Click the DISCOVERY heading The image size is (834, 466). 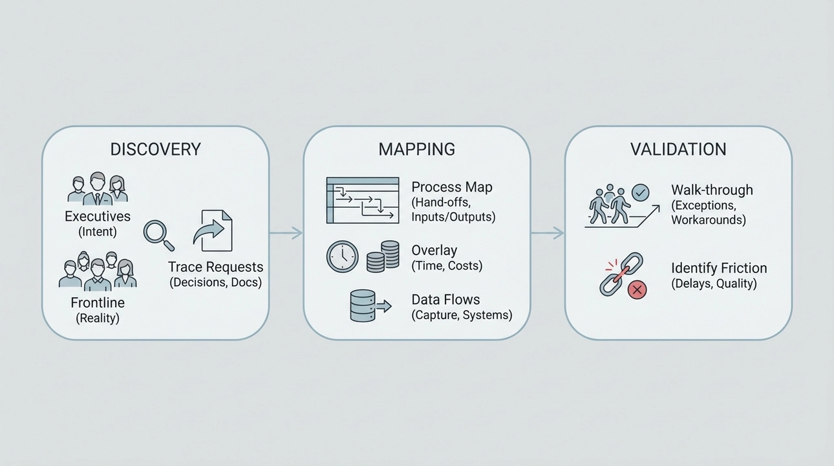[x=155, y=149]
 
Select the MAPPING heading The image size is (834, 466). [x=416, y=149]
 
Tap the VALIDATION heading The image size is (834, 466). [x=678, y=149]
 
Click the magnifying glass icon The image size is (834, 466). [x=158, y=235]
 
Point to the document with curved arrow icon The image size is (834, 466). [x=212, y=230]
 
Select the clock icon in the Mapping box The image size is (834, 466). [x=342, y=256]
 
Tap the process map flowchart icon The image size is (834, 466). [x=363, y=200]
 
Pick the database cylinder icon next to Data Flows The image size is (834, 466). [x=363, y=305]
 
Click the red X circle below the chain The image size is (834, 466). [x=637, y=290]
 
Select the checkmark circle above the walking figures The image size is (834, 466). [x=640, y=192]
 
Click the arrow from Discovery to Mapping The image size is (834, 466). [x=286, y=233]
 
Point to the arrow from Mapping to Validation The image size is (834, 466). [x=547, y=233]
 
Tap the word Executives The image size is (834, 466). [x=98, y=216]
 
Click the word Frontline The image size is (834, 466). [x=98, y=302]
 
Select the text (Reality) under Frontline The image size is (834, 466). [x=98, y=318]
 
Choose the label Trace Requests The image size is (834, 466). [x=215, y=267]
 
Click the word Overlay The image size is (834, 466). [x=434, y=250]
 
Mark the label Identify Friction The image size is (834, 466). [x=719, y=268]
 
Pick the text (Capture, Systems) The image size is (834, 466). [x=462, y=315]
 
